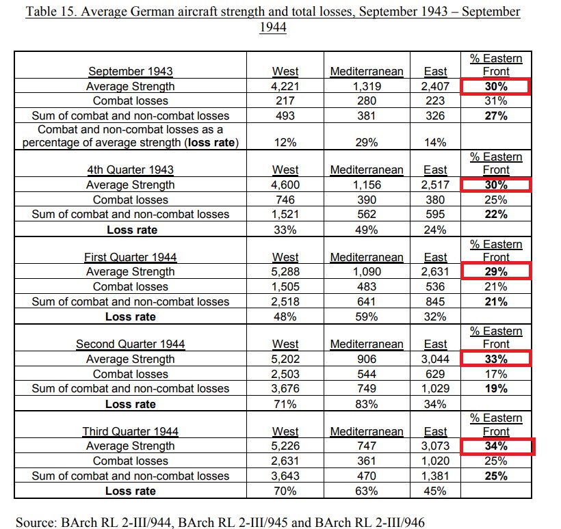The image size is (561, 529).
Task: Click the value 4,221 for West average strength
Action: pos(285,86)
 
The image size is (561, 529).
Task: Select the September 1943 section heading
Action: pos(131,71)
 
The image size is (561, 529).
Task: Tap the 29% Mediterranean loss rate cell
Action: pos(367,142)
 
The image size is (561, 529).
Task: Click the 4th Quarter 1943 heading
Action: pos(131,169)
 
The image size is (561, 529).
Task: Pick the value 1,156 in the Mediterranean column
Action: pos(367,185)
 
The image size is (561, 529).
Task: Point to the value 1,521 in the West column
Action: pos(285,214)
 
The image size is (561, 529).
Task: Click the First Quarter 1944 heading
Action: pos(131,257)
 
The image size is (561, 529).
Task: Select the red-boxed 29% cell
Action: pos(496,271)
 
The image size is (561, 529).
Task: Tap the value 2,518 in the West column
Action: pos(285,301)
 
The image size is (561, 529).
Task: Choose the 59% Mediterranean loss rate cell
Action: pos(367,316)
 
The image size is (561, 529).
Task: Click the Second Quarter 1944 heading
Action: pos(131,344)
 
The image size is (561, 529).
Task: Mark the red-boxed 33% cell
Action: pos(496,359)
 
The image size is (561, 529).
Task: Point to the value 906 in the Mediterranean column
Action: pos(367,359)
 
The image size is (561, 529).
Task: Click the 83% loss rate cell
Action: pos(367,404)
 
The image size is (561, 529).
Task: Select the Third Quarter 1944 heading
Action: pos(131,431)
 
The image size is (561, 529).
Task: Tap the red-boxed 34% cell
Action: pos(497,446)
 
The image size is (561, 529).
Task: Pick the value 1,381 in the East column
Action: pos(435,476)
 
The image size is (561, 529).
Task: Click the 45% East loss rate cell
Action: pos(435,491)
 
